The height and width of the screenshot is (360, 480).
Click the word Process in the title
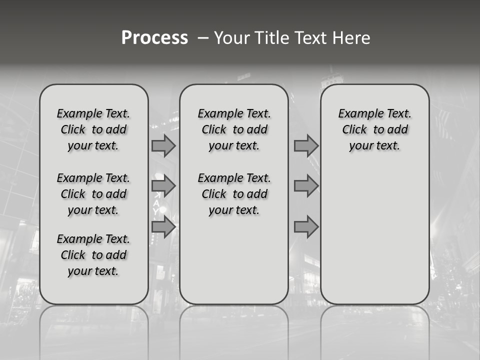154,38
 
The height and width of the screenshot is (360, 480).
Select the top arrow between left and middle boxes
163,145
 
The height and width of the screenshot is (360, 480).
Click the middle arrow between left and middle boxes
163,186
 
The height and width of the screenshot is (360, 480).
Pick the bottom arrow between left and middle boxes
163,227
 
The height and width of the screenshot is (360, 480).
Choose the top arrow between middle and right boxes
306,145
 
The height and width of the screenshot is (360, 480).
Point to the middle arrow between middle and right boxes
306,186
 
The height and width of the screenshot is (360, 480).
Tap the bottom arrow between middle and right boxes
306,227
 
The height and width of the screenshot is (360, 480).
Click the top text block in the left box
93,129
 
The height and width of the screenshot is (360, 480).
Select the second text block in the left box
93,194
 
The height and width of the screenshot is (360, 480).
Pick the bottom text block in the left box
93,255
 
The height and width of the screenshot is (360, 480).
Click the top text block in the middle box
234,129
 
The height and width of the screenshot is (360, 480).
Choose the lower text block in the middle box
234,194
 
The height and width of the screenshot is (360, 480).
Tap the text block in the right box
375,129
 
